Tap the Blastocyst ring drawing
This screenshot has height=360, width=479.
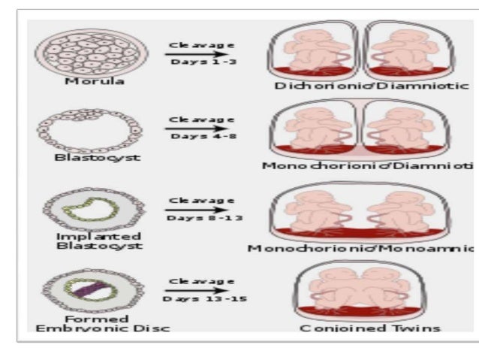click(89, 131)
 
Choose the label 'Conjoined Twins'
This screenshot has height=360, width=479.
click(370, 328)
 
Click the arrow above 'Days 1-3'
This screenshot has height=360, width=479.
click(188, 53)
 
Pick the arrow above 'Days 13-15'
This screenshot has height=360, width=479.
click(188, 290)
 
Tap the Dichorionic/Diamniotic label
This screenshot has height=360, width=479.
click(369, 86)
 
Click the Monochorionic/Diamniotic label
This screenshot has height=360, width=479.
click(368, 165)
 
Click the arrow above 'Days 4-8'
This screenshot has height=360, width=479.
click(188, 128)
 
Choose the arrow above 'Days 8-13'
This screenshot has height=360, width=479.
click(188, 210)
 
